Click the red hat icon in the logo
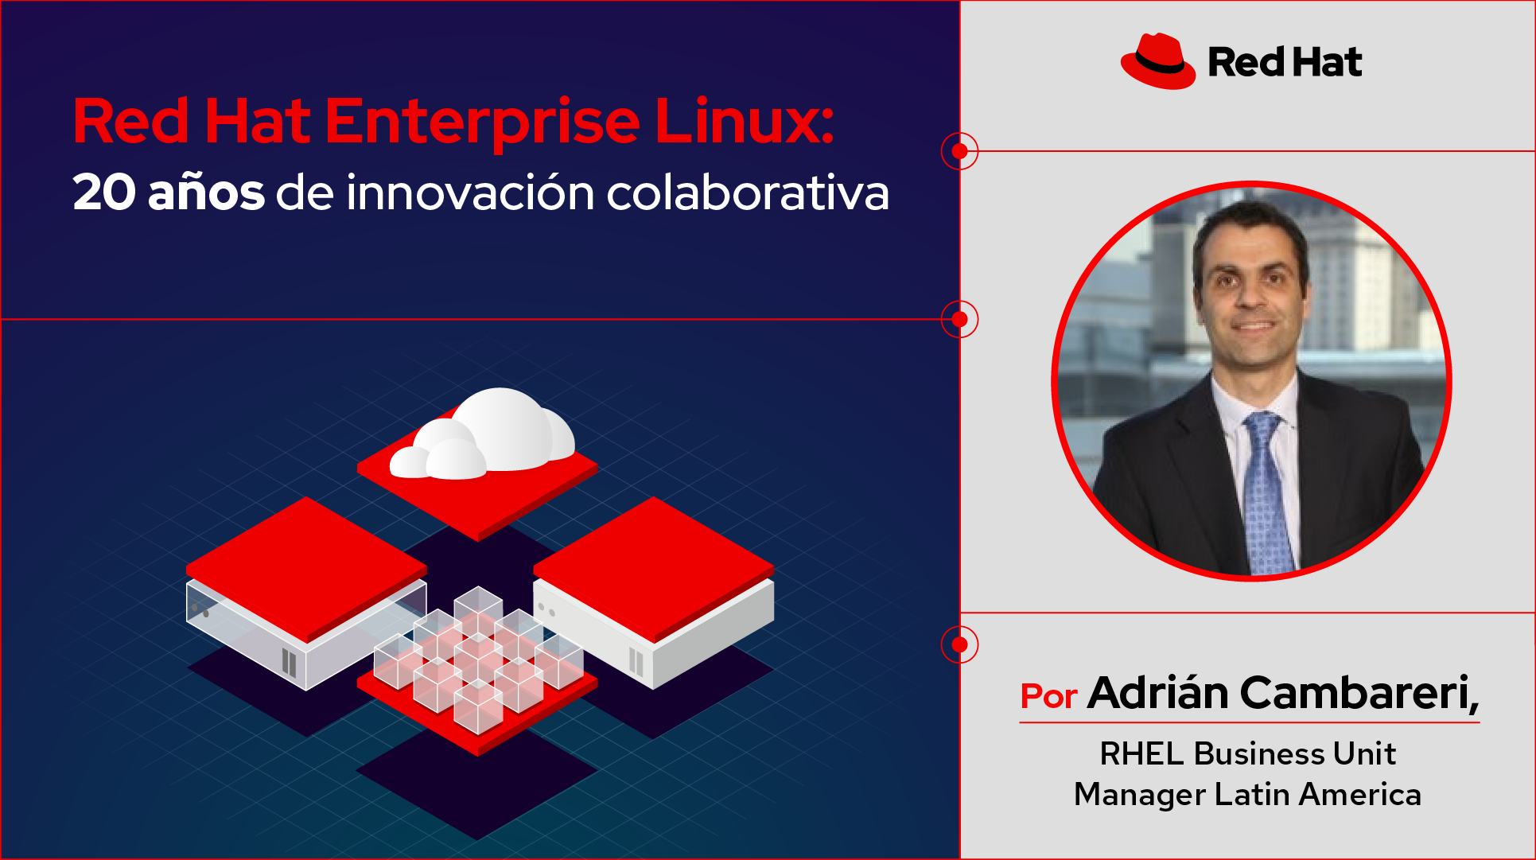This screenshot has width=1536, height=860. click(1157, 61)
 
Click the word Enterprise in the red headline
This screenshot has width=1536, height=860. click(482, 122)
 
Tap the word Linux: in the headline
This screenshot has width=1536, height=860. click(745, 121)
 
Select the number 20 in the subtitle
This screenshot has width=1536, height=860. click(104, 193)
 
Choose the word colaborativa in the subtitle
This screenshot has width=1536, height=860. click(748, 193)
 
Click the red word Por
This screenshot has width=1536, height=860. click(1048, 696)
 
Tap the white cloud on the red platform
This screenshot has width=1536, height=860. click(482, 435)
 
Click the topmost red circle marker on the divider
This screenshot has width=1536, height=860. click(960, 151)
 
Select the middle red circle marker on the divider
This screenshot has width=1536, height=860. click(960, 319)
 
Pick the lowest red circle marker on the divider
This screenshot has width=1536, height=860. click(960, 644)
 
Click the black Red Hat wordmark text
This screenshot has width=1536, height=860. click(1285, 62)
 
